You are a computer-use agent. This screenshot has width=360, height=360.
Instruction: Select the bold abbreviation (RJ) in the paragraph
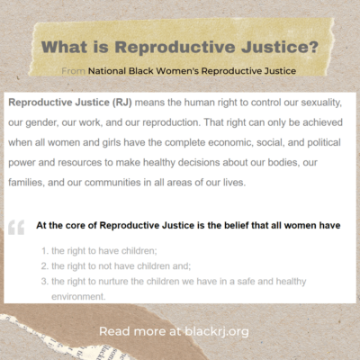(x=141, y=102)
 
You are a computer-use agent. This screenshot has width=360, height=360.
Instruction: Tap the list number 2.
(x=44, y=265)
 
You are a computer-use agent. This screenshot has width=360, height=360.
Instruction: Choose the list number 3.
(x=44, y=282)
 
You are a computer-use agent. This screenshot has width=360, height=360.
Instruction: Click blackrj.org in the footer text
(x=216, y=330)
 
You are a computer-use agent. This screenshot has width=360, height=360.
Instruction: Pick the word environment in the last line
(x=78, y=295)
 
